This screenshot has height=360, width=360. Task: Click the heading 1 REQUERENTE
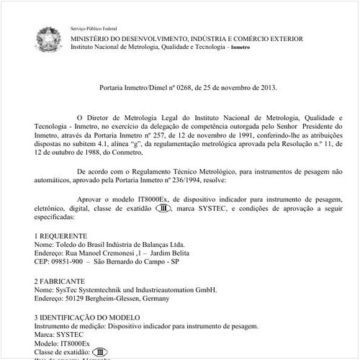(61, 235)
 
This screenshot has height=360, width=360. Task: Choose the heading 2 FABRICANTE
(60, 281)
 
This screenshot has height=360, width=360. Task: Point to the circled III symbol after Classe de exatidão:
(102, 353)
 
